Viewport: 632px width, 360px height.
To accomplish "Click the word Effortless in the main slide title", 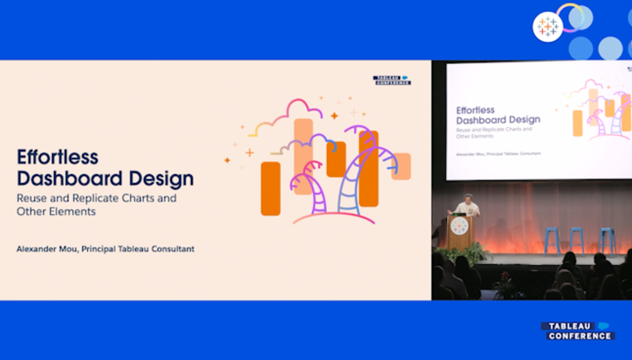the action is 58,157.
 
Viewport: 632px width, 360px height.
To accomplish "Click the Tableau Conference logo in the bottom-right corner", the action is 578,331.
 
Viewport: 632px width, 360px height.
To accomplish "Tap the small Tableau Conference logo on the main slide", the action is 392,80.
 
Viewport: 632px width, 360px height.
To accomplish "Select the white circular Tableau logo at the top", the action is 548,27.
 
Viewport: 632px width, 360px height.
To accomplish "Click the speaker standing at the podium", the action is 467,206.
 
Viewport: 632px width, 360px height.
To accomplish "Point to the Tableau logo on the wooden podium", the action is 459,226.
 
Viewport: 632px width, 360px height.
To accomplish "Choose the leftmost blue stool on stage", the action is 552,241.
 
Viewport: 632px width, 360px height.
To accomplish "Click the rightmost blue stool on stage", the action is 606,241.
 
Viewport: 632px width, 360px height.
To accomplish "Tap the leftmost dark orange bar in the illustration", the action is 271,189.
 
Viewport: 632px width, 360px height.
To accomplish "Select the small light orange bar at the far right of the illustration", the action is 401,166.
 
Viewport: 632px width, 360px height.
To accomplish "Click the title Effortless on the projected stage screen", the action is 475,110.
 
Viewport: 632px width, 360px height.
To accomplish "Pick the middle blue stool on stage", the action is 576,241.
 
